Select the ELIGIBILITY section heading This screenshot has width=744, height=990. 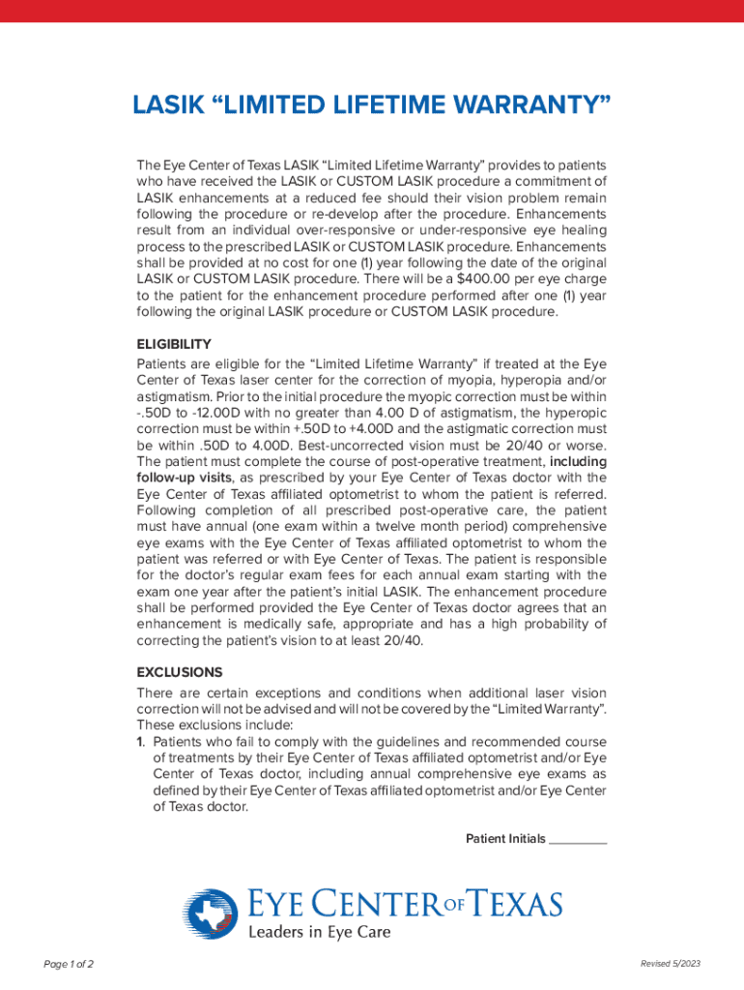coord(174,344)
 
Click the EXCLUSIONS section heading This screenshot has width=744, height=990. coord(180,672)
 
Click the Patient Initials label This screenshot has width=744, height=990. coord(505,838)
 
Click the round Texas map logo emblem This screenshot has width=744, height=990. coord(211,914)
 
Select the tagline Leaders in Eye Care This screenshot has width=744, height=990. coord(320,933)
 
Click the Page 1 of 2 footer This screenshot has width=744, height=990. coord(69,965)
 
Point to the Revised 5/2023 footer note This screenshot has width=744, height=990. coord(670,965)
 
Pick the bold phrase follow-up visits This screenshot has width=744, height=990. coord(184,478)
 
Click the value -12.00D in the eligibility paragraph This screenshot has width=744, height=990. coord(216,412)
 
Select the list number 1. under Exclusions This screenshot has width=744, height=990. coord(141,742)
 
